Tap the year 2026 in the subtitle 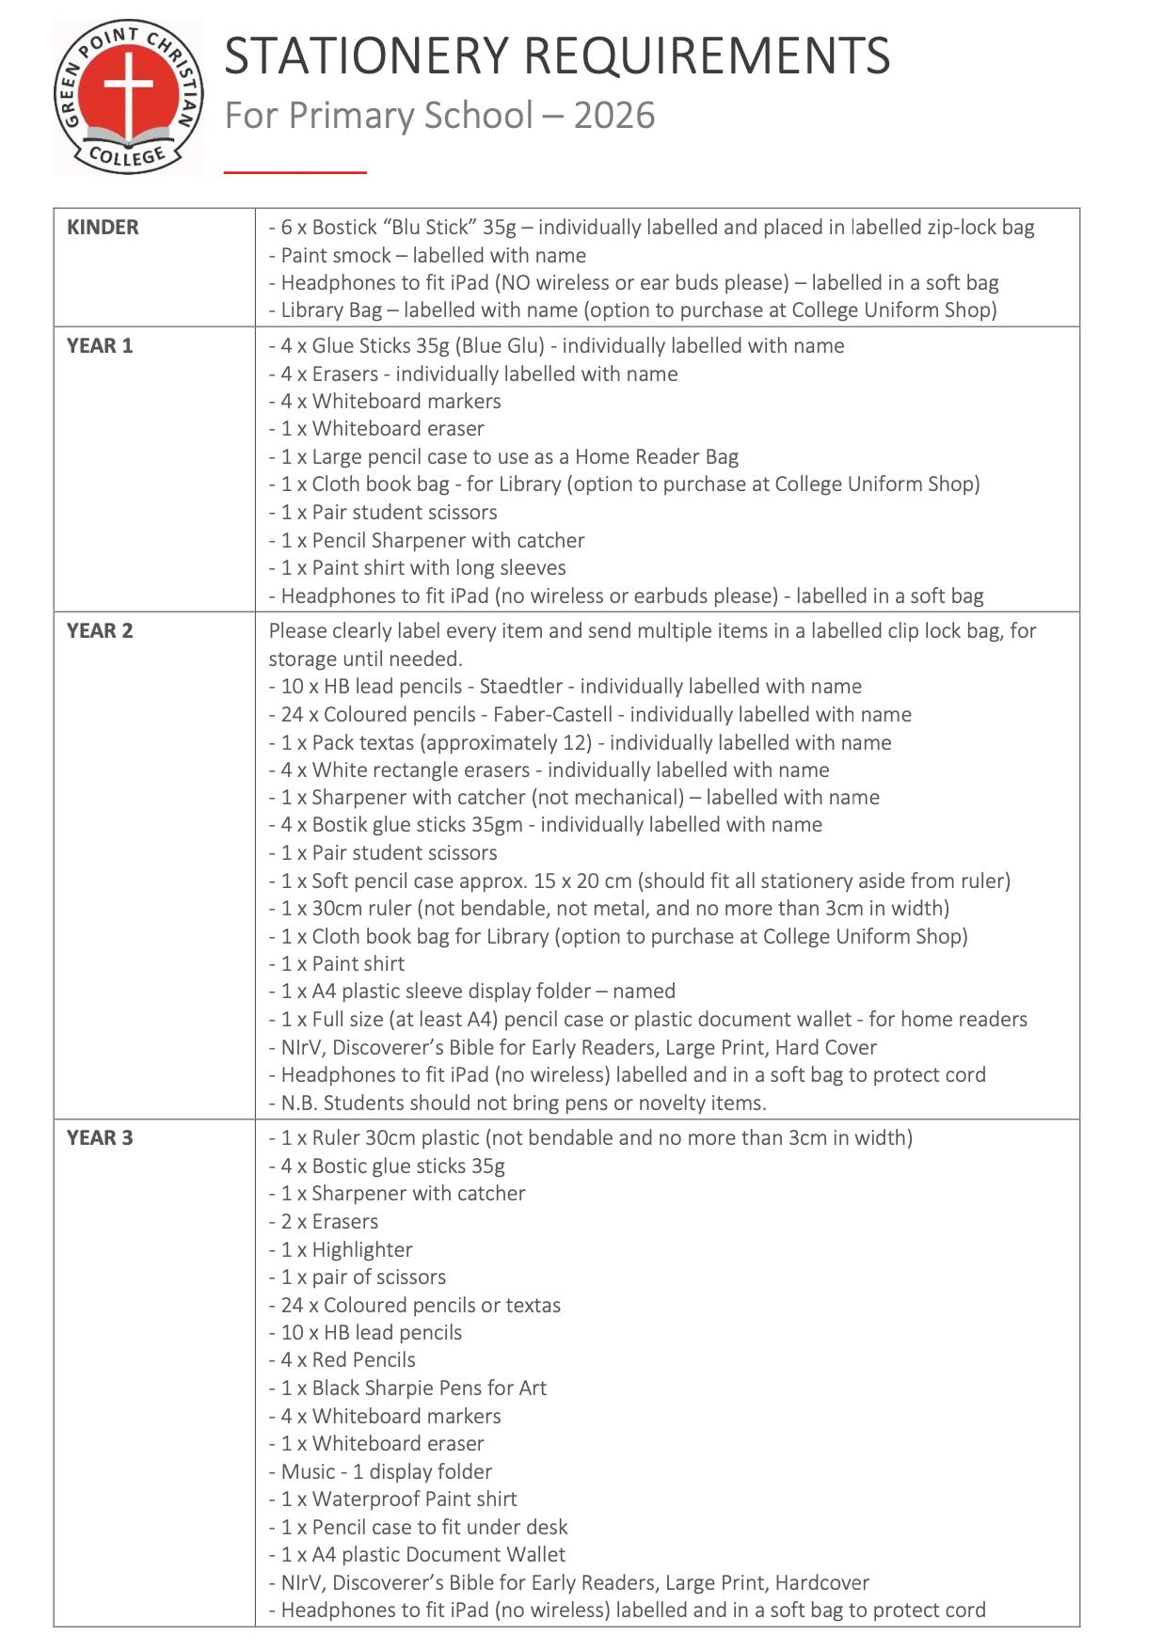[613, 116]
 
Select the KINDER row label [103, 227]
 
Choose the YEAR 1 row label [100, 345]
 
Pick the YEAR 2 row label [100, 630]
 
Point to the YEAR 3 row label [100, 1137]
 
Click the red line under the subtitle [295, 172]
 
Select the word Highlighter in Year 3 [362, 1249]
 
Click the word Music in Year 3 [308, 1471]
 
